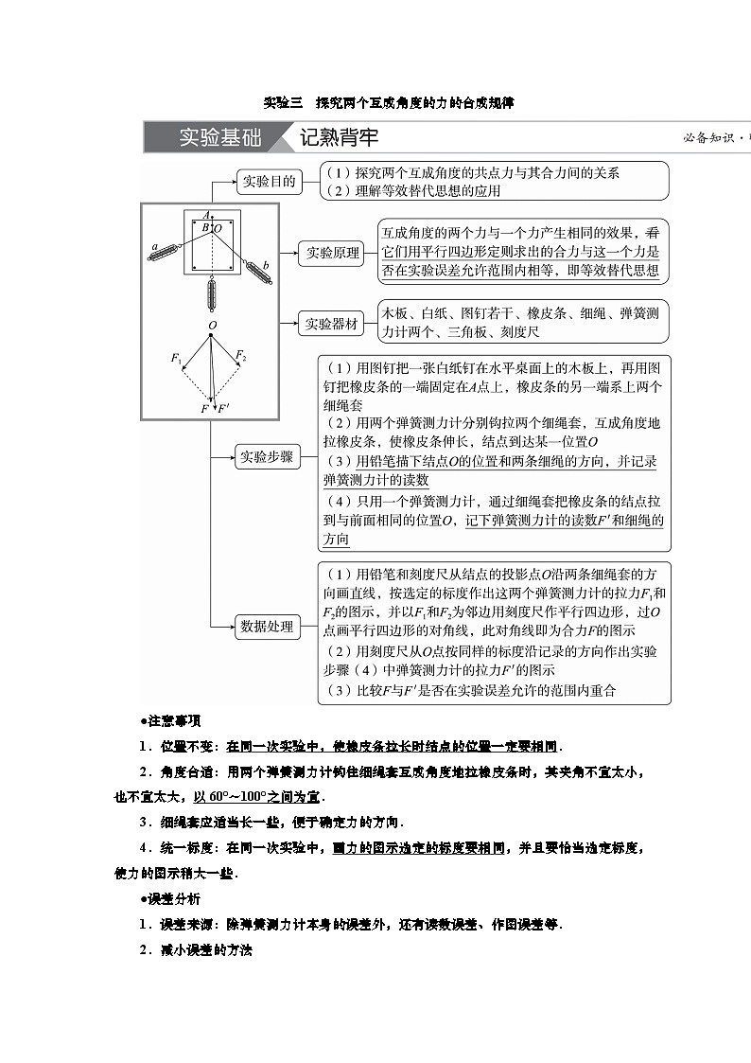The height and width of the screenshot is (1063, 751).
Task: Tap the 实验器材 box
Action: tap(331, 324)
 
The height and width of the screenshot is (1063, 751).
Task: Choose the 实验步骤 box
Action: tap(267, 457)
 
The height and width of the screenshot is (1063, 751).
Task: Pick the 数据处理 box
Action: tap(267, 626)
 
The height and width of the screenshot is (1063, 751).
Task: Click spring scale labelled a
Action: tap(167, 250)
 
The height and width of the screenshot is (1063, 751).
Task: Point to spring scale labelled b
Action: tap(256, 269)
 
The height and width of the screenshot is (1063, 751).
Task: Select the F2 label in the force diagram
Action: tap(241, 356)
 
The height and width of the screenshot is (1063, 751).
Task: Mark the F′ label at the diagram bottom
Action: tap(223, 408)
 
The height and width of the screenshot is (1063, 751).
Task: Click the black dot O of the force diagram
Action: tap(212, 334)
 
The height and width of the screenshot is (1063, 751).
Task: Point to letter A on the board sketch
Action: tap(206, 216)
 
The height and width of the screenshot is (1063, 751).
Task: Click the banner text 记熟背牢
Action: tap(339, 137)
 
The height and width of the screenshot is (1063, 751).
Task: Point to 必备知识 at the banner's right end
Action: tap(709, 137)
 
